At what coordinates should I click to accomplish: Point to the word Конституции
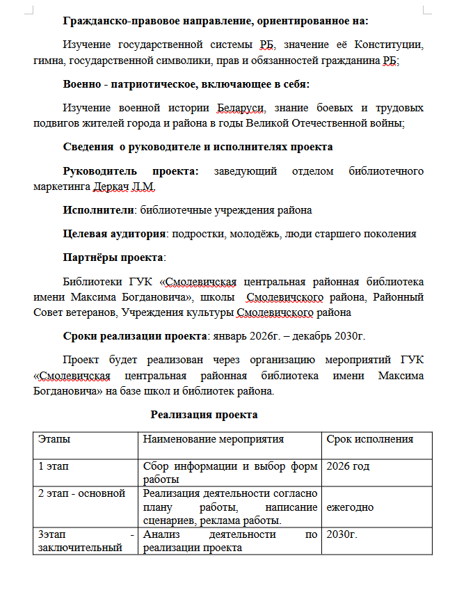point(388,45)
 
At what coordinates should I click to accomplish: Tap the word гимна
point(47,61)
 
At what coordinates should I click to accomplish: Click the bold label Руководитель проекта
point(131,170)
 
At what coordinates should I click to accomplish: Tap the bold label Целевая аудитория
point(114,234)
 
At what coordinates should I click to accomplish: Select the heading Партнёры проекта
point(112,257)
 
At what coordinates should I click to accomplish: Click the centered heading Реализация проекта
point(204,415)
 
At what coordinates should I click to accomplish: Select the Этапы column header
point(54,439)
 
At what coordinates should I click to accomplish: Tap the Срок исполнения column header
point(369,439)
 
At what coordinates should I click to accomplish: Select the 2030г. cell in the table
point(341,535)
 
